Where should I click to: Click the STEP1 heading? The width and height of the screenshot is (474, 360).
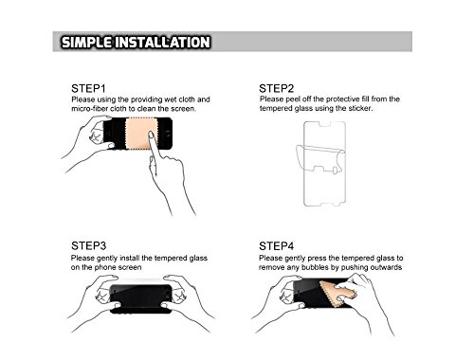pos(88,88)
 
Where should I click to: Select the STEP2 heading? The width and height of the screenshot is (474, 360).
pos(277,88)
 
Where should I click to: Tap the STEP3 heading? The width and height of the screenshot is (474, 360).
pos(88,245)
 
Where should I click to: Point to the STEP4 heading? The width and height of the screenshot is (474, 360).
pos(277,245)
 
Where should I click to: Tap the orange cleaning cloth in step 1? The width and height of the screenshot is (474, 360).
pos(141,134)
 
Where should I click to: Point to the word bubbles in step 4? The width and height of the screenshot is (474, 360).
pos(314,267)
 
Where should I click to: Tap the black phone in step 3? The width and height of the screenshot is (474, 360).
pos(141,298)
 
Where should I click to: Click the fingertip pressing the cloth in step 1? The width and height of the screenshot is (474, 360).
pos(151,135)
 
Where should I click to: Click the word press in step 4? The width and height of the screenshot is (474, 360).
pos(317,259)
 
